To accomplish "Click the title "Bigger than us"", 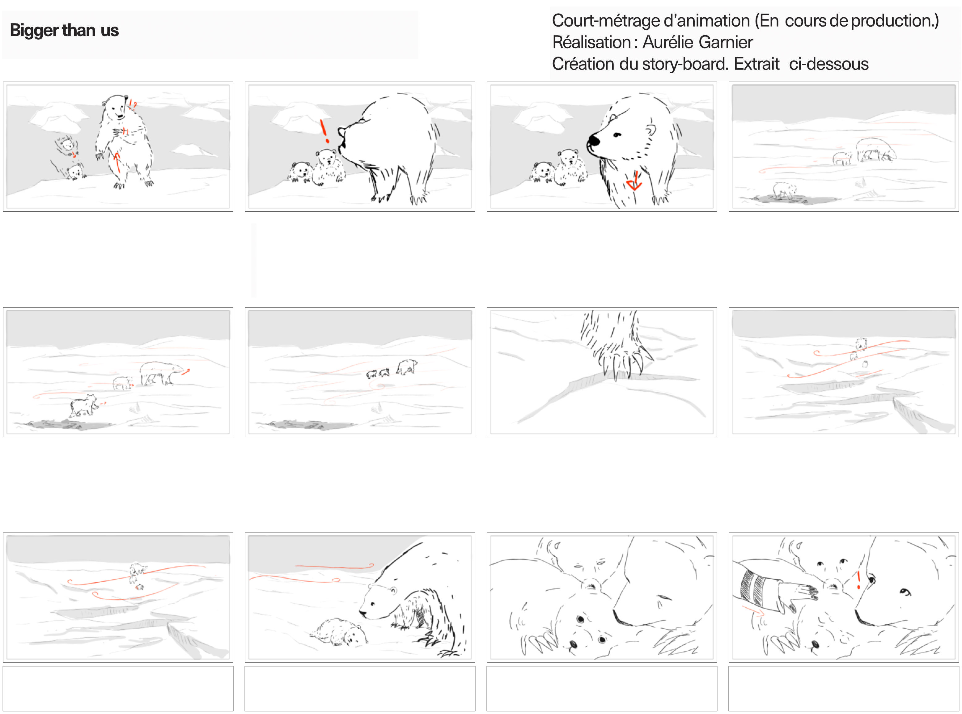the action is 64,31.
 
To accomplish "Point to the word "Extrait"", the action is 756,64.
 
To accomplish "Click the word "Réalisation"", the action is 591,42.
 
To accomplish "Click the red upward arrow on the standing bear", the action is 116,162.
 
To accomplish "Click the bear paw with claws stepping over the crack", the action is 616,346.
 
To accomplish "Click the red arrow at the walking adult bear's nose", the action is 185,372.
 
